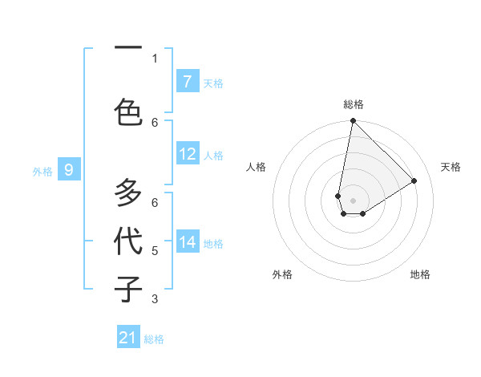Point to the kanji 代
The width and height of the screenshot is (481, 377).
[128, 241]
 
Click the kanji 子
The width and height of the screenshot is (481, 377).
[128, 288]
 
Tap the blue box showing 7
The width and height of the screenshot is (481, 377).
[188, 82]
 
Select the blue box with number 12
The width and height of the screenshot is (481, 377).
[188, 154]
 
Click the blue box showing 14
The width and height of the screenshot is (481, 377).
[188, 242]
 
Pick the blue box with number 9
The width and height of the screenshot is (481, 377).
[70, 170]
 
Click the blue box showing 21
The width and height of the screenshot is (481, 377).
[128, 338]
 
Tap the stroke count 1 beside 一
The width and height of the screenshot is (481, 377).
[155, 58]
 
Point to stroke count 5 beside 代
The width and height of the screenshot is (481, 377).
[155, 251]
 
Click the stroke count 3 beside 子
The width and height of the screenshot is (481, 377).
[155, 299]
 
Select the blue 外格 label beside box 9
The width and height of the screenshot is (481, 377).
[42, 171]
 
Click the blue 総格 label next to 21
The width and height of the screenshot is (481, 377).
[154, 339]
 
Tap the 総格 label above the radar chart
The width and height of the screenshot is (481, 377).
[353, 104]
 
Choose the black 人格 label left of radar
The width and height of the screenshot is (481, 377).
[256, 167]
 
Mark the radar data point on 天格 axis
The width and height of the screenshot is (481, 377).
[414, 180]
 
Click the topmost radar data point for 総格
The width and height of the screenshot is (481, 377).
[353, 121]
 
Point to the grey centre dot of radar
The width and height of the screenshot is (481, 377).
[353, 200]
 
